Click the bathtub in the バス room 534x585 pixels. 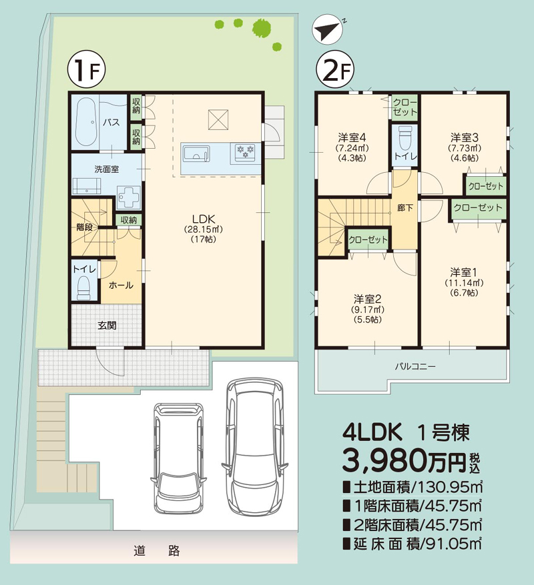pos(85,123)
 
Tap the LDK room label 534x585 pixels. pos(203,218)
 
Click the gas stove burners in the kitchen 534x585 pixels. pos(245,152)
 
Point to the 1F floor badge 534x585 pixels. pos(83,71)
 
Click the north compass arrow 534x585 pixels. pos(327,31)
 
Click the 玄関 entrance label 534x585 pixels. pos(107,326)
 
